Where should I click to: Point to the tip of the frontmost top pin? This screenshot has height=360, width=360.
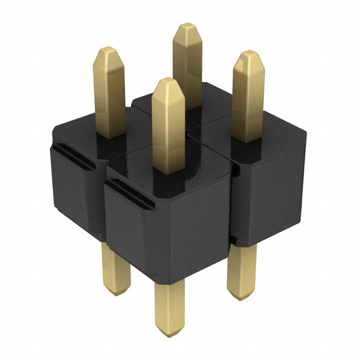[168, 84]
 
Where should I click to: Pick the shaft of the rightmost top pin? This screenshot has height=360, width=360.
[248, 101]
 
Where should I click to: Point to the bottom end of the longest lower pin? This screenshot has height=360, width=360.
[169, 337]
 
